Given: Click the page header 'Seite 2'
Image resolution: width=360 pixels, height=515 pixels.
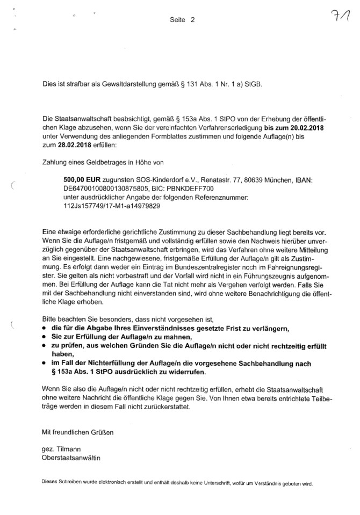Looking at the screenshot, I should point(180,20).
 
